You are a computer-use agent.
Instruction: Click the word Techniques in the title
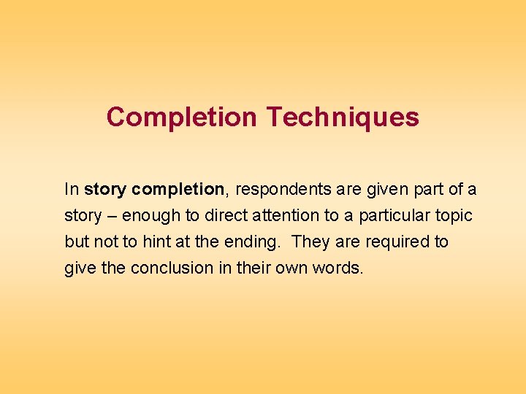click(x=343, y=117)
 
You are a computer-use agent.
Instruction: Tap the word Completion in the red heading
click(x=182, y=117)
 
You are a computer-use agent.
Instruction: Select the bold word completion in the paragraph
click(x=175, y=190)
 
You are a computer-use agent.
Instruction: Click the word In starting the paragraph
click(x=72, y=190)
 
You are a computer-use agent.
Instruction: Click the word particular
click(x=391, y=216)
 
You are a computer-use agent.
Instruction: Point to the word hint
click(x=156, y=242)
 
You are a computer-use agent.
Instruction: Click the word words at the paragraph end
click(x=337, y=268)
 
